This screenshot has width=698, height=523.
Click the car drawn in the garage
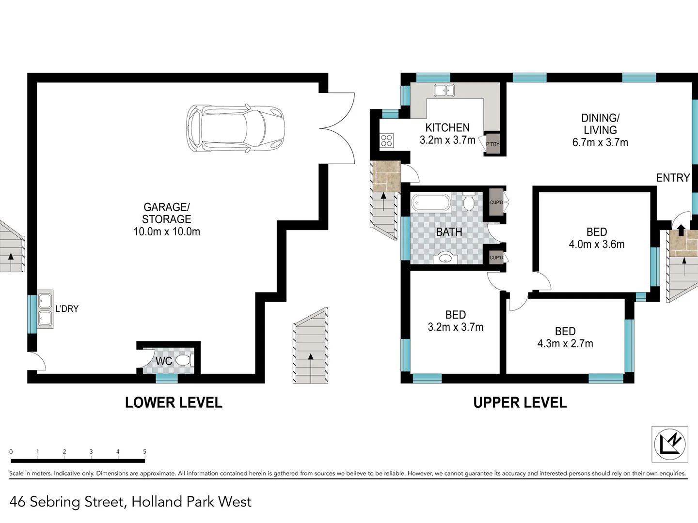point(236,128)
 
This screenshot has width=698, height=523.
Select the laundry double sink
point(45,310)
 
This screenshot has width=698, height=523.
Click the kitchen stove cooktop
point(386,141)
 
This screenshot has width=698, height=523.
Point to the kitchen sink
point(444,91)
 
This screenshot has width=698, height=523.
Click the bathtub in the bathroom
point(431,202)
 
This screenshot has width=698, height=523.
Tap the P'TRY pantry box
point(492,144)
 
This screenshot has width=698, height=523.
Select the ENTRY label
point(672,178)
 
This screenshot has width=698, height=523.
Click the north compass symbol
point(669,444)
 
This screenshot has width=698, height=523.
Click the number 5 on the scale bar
point(144,451)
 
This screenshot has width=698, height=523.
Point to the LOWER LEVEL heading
point(174,402)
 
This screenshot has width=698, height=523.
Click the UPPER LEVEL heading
point(520,402)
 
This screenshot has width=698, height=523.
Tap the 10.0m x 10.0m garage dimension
point(167,231)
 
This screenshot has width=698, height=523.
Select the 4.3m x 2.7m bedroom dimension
point(565,343)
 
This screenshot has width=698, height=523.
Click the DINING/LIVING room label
point(600,124)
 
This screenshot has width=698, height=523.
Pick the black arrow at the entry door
point(681,230)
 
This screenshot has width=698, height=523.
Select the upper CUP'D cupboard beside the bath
point(496,202)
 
